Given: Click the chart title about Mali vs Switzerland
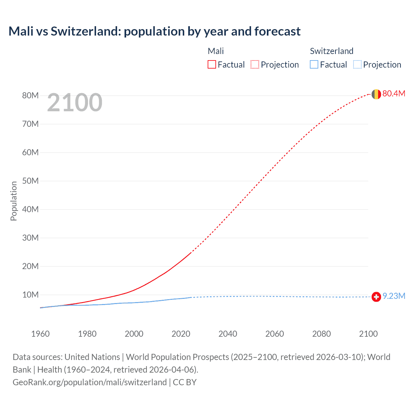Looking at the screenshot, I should (x=154, y=31).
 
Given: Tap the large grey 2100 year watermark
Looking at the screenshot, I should (x=75, y=103).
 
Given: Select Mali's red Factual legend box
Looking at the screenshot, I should (x=212, y=64).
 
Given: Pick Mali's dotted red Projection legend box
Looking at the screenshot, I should (x=255, y=64).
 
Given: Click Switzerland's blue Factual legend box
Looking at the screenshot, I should (x=314, y=64).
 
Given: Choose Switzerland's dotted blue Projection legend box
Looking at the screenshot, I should (x=357, y=64).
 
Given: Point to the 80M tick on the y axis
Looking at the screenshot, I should (x=30, y=95).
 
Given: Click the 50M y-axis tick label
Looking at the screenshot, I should (x=30, y=181).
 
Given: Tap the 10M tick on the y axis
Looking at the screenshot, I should (x=30, y=295).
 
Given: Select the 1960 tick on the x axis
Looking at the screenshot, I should (x=40, y=334).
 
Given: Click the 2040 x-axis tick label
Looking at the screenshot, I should (x=228, y=334).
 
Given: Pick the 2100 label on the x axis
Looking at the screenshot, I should (x=368, y=334).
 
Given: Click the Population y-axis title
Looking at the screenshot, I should (x=14, y=201).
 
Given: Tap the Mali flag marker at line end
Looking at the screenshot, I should (x=376, y=94).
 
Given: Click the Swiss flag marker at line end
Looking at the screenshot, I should (x=376, y=297).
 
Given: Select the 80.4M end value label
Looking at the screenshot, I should (x=394, y=93).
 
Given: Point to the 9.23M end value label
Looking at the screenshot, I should (x=394, y=296).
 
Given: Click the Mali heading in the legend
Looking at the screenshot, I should (x=216, y=51).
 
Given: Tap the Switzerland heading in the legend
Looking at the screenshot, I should (x=332, y=51).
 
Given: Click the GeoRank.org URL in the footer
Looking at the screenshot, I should (x=90, y=382).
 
